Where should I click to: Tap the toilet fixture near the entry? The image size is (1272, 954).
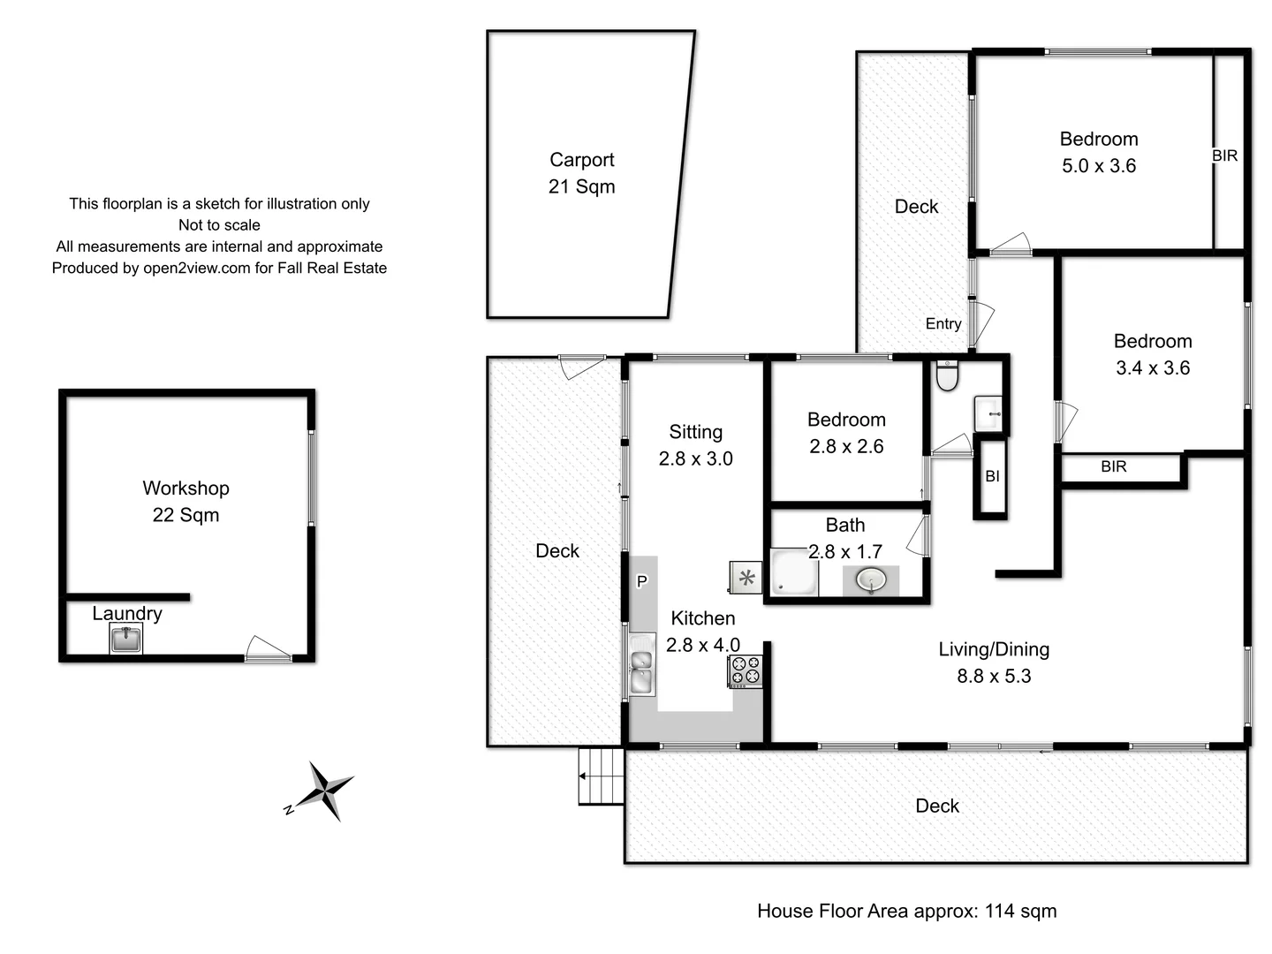pyautogui.click(x=947, y=375)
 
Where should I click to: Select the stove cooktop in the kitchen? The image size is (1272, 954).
pyautogui.click(x=745, y=670)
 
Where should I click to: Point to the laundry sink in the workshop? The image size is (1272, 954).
pyautogui.click(x=126, y=638)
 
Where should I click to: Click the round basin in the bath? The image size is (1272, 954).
pyautogui.click(x=871, y=580)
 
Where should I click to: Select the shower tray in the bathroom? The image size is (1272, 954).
pyautogui.click(x=793, y=573)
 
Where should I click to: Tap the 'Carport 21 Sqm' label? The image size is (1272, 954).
pyautogui.click(x=581, y=173)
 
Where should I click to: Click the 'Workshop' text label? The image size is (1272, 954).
pyautogui.click(x=185, y=488)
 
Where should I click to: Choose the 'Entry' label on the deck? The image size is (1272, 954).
pyautogui.click(x=943, y=323)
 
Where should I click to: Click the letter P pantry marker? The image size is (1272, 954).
pyautogui.click(x=642, y=581)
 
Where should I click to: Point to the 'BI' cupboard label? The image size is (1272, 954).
pyautogui.click(x=992, y=476)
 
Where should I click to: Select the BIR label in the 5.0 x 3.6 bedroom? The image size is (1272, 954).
pyautogui.click(x=1224, y=155)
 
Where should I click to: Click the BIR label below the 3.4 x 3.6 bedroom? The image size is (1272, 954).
pyautogui.click(x=1113, y=466)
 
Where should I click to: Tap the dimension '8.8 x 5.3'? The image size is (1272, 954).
pyautogui.click(x=994, y=676)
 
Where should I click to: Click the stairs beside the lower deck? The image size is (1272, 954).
pyautogui.click(x=602, y=776)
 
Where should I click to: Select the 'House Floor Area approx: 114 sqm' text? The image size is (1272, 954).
pyautogui.click(x=906, y=911)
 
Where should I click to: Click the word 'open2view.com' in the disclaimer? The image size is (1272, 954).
pyautogui.click(x=196, y=268)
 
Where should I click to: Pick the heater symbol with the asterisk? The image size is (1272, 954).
pyautogui.click(x=746, y=579)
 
